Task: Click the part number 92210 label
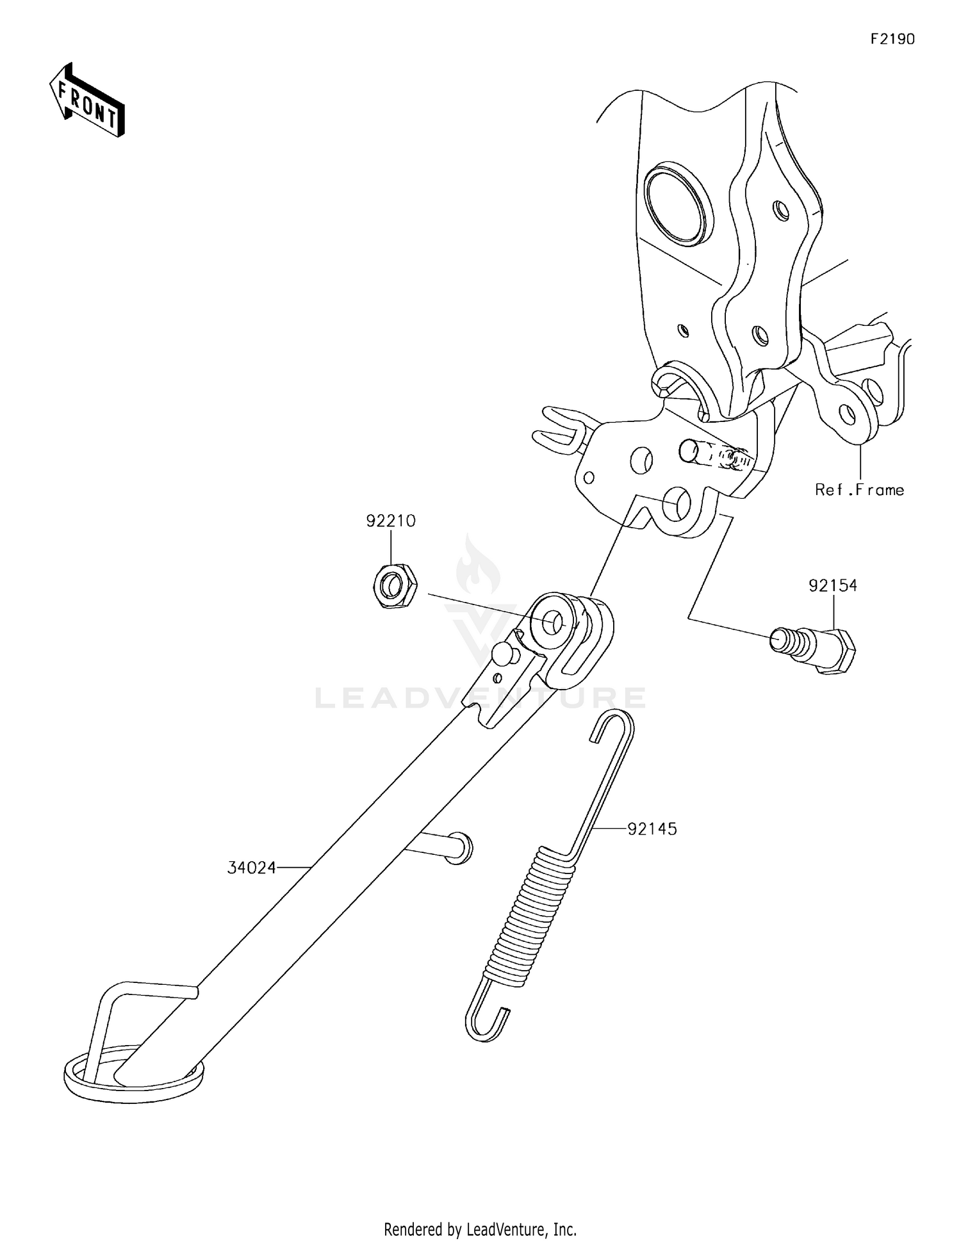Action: (x=391, y=521)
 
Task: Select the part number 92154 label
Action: (x=833, y=585)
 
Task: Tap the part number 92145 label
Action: (x=652, y=829)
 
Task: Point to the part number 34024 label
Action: (x=252, y=868)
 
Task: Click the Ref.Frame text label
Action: (x=860, y=490)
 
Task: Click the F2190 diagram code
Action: (x=892, y=39)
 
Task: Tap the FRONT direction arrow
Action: (x=87, y=101)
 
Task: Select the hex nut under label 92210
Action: (x=394, y=585)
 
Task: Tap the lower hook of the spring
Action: (x=487, y=1019)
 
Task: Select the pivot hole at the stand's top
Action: (x=552, y=622)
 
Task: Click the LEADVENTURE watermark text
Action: (x=480, y=697)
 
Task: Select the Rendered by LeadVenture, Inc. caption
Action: (x=480, y=1229)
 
